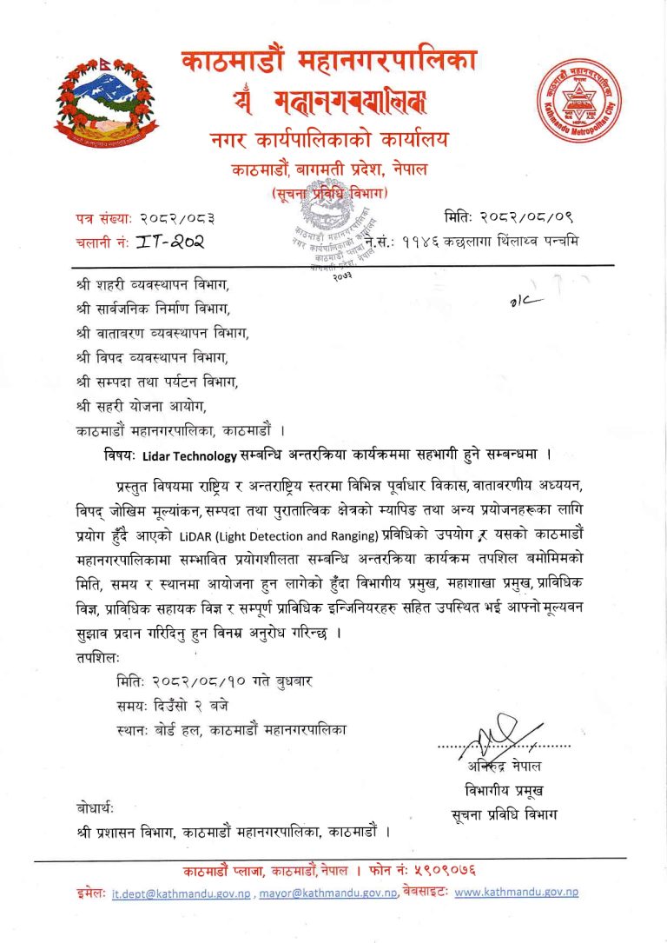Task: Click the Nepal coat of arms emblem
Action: [107, 103]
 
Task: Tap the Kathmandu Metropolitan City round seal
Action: [580, 103]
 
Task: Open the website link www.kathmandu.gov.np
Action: [516, 892]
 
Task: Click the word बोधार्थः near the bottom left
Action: [95, 809]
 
